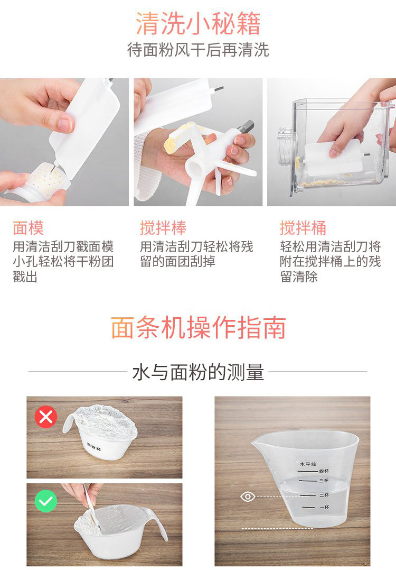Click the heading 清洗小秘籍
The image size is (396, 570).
point(198,24)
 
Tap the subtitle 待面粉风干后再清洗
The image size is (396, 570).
point(198,50)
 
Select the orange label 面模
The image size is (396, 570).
point(29,228)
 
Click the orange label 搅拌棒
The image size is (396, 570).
point(163,228)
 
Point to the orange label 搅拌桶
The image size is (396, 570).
point(303,228)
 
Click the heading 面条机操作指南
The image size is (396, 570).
point(198,328)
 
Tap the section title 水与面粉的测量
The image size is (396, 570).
point(198,372)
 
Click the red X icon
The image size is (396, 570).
point(46,417)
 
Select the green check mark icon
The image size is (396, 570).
point(46,501)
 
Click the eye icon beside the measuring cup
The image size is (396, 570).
point(248,496)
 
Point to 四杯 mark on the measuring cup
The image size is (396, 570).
point(324,471)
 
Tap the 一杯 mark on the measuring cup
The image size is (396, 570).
point(324,507)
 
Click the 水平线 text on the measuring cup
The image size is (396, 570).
point(308,464)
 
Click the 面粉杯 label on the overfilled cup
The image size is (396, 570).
point(94,447)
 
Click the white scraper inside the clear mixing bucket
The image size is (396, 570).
point(333,157)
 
